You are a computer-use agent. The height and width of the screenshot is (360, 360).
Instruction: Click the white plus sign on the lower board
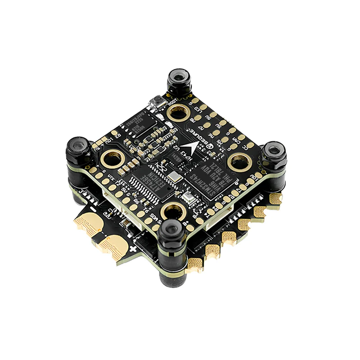click(133, 248)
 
